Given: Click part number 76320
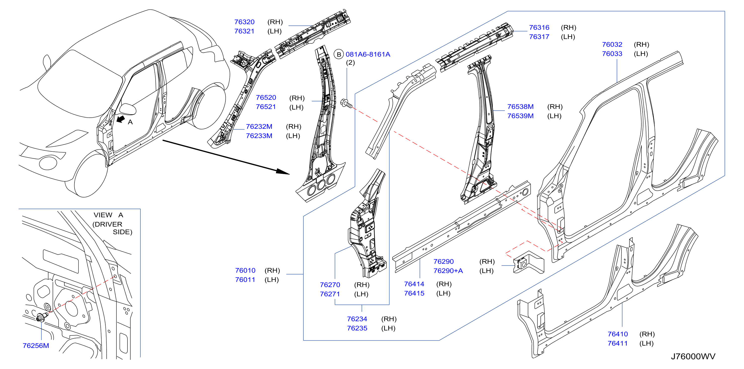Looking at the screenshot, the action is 244,22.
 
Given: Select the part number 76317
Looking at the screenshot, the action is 539,37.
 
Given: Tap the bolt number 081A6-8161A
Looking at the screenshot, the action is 368,54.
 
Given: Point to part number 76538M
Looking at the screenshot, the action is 520,107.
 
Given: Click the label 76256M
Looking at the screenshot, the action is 36,346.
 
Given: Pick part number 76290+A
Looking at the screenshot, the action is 448,271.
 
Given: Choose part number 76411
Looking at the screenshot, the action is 618,343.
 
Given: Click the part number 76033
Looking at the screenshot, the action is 612,54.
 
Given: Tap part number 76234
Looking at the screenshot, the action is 357,319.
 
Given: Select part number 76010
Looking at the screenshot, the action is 245,271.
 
